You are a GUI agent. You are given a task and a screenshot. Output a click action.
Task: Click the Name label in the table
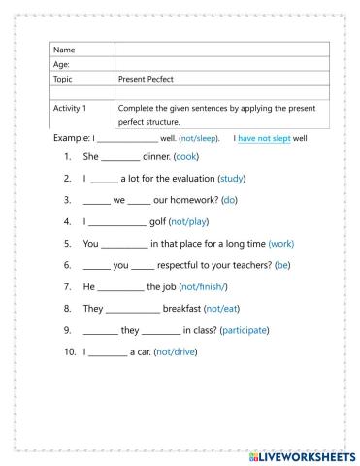pos(64,50)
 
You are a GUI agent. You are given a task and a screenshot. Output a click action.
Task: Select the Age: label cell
pos(62,64)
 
